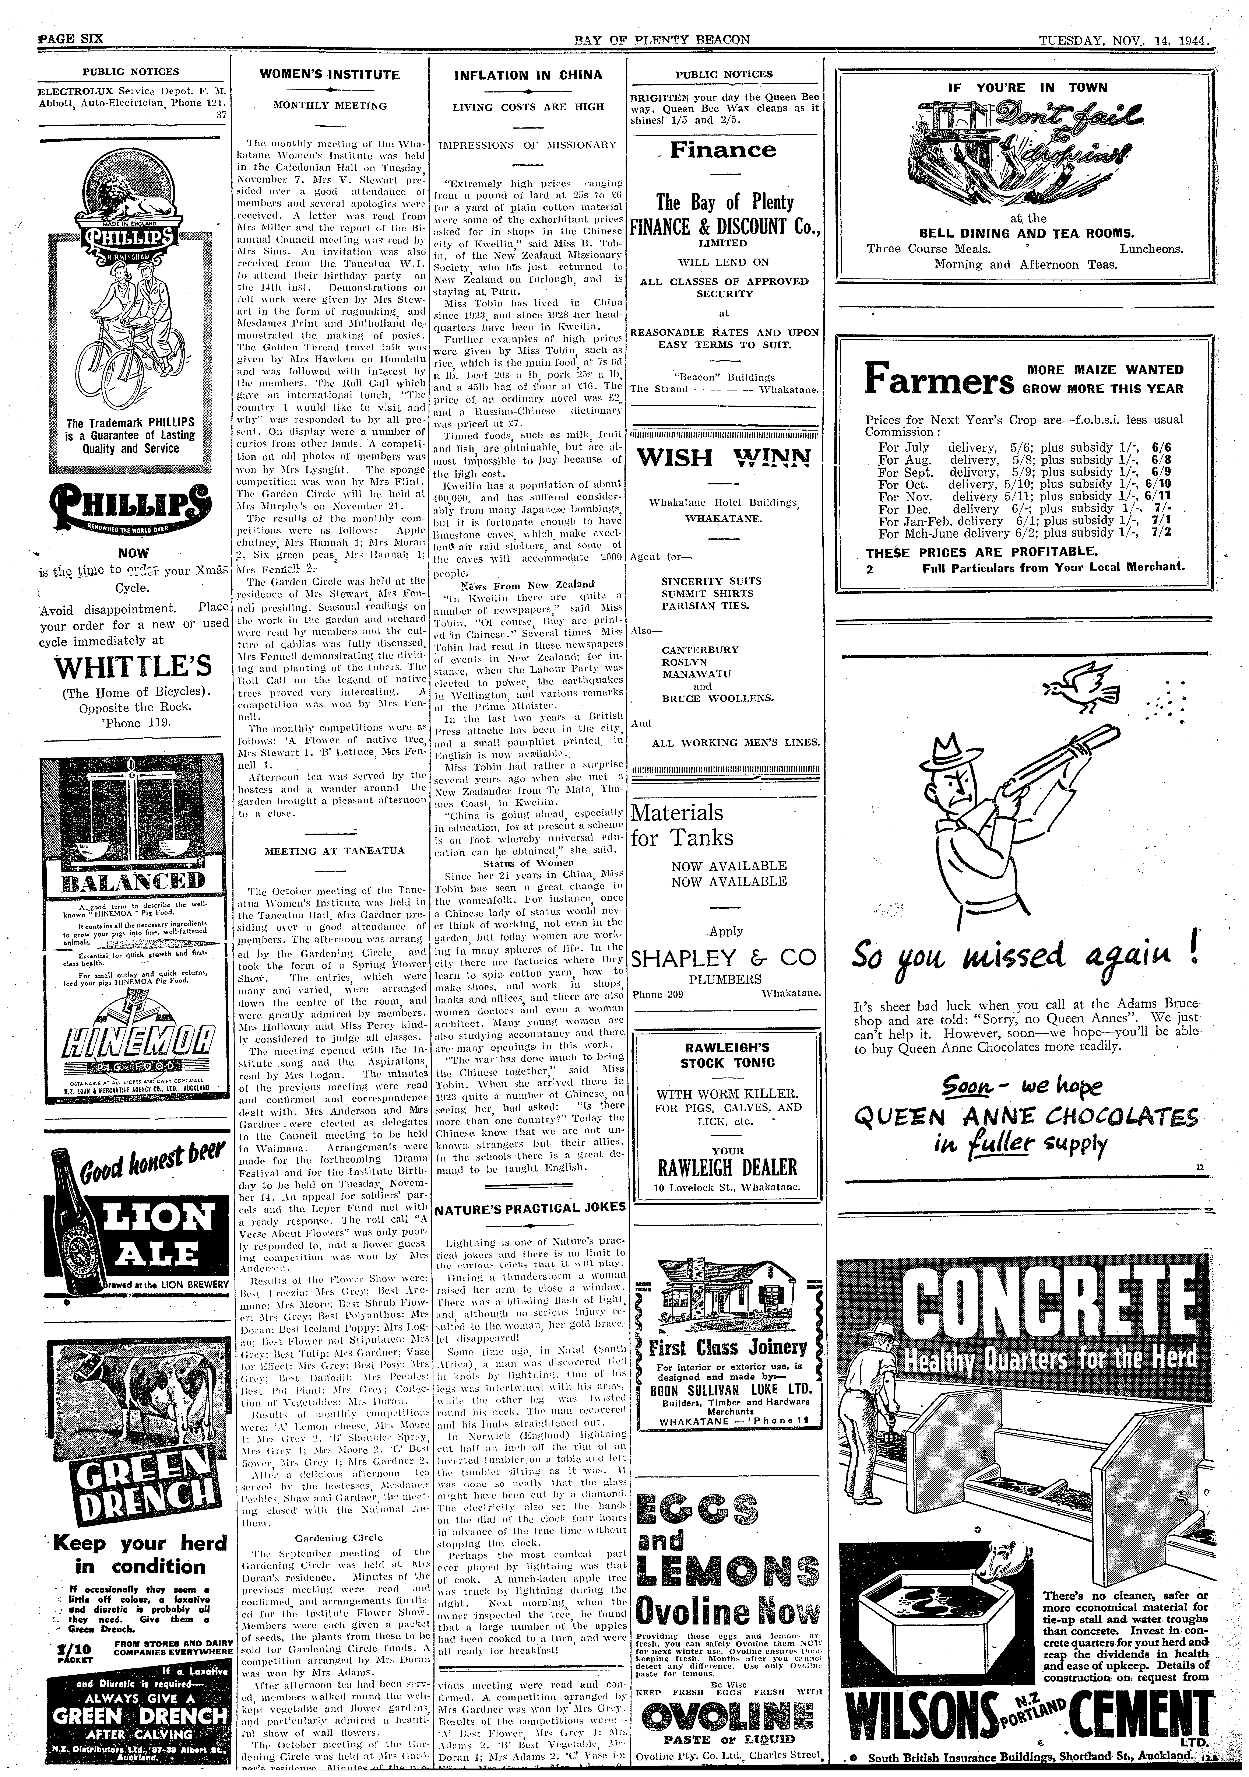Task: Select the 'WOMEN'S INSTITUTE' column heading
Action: pyautogui.click(x=330, y=75)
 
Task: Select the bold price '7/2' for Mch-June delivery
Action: pyautogui.click(x=1161, y=532)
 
